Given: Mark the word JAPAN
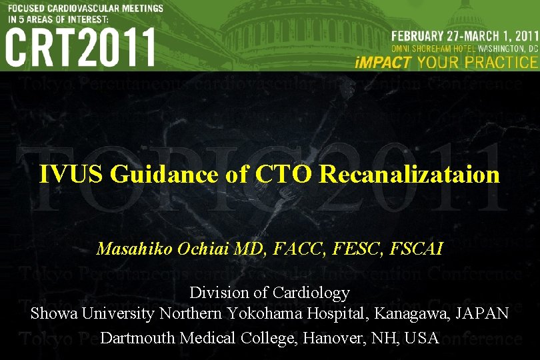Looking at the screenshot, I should click(483, 313).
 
